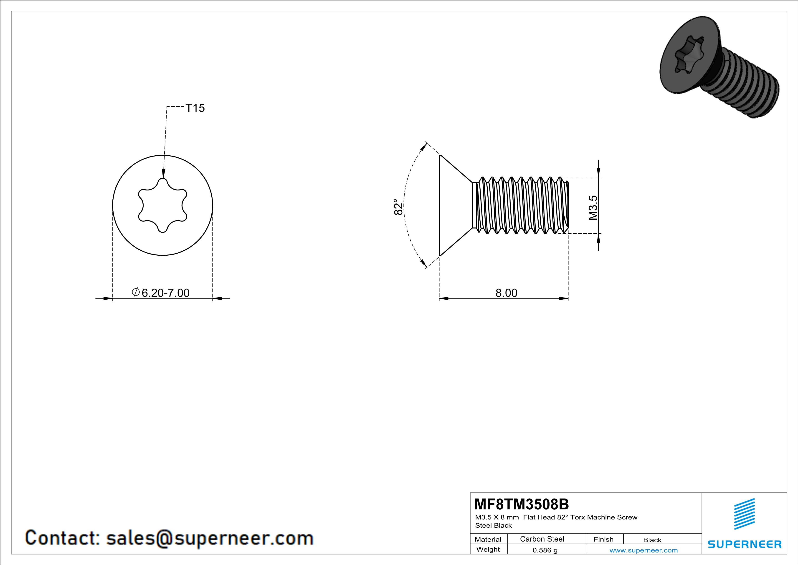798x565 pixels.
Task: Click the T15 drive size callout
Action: [x=195, y=108]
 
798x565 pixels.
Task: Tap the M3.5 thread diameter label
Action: [x=593, y=208]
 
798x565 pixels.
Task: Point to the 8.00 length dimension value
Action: [x=506, y=293]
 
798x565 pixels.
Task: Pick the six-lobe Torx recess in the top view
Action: [x=163, y=205]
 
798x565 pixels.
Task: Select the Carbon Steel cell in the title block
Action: [x=542, y=539]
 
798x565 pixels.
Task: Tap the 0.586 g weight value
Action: [x=545, y=550]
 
